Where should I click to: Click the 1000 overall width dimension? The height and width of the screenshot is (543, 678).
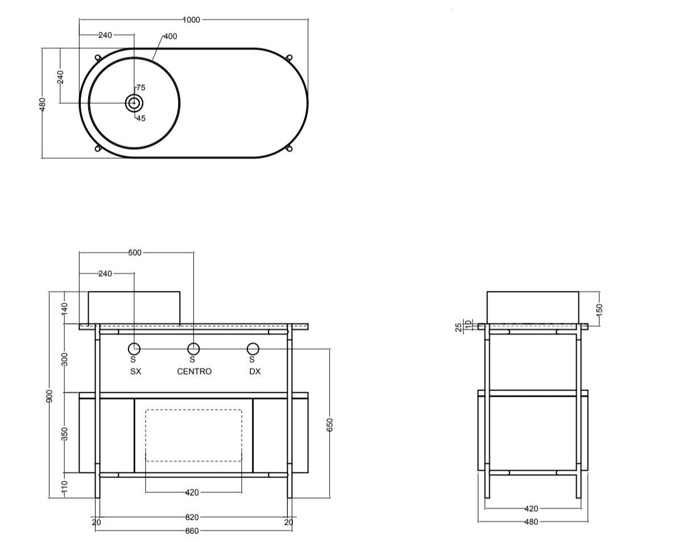coord(192,19)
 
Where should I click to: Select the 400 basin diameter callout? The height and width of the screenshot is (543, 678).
coord(170,36)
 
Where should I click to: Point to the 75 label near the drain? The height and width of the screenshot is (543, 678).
coord(140,88)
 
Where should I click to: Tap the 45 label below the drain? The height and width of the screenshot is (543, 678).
coord(140,118)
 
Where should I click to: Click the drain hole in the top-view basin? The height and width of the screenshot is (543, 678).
coord(134,103)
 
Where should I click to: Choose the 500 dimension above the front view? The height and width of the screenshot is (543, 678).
coord(135,252)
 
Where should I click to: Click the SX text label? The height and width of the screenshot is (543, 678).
coord(135,371)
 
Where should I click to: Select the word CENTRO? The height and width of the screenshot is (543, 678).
coord(194,371)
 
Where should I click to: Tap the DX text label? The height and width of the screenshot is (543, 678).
coord(255,371)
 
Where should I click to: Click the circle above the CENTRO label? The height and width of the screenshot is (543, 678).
coord(194,348)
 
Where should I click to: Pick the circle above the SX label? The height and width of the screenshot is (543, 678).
coord(134,348)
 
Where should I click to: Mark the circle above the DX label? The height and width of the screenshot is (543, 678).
coord(253,348)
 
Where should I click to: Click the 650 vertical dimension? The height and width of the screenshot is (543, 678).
coord(330,424)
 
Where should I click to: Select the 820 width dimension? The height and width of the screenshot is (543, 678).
coord(192,517)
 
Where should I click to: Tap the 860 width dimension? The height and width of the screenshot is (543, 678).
coord(192,531)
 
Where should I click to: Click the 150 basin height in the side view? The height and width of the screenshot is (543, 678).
coord(599,308)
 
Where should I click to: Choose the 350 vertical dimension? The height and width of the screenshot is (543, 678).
coord(64,433)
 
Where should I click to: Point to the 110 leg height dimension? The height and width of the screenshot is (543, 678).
coord(64,486)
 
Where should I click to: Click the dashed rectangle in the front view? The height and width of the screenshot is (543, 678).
coord(194,435)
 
